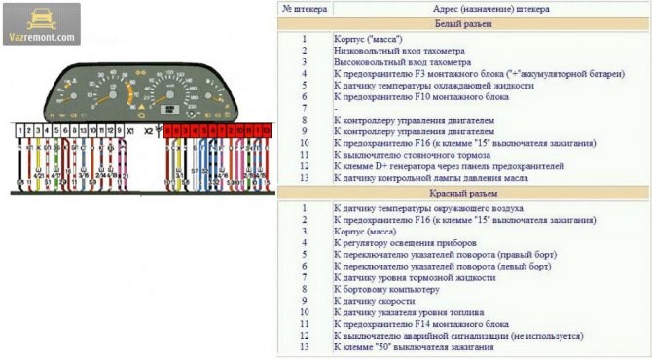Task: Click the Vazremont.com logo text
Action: [41, 38]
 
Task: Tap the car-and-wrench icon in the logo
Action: [41, 19]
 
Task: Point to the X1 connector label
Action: [131, 128]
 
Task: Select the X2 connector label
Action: [148, 128]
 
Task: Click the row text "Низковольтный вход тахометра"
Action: [399, 50]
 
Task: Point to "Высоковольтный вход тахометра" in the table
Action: [401, 61]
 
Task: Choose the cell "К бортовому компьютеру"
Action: [387, 289]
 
